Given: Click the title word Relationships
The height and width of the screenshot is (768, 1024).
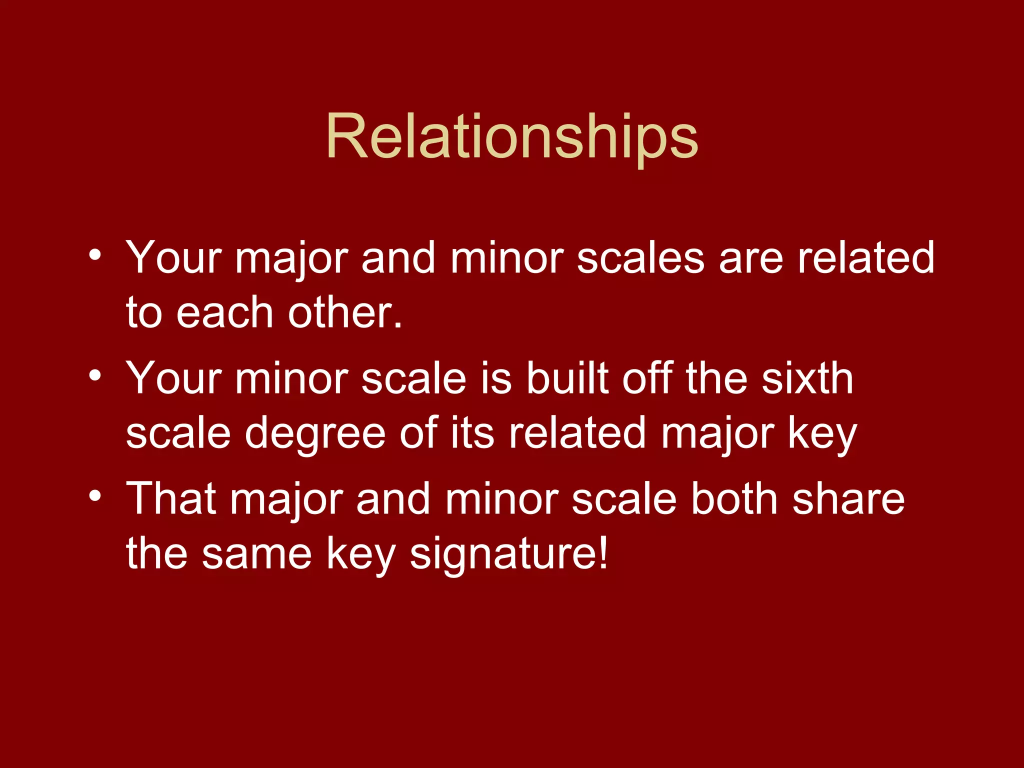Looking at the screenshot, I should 511,137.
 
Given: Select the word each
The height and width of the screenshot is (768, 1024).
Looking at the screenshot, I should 224,313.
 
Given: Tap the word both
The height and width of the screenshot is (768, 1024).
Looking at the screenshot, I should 734,499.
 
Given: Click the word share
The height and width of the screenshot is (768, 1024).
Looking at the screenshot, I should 848,499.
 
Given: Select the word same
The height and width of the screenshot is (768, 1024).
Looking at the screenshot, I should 257,554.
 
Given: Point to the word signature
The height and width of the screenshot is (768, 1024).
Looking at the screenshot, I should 509,554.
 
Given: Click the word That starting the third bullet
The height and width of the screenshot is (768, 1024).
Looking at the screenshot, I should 171,499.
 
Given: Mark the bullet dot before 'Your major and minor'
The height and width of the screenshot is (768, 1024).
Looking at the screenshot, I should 95,255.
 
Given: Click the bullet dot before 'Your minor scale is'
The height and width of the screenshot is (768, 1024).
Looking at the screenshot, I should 95,375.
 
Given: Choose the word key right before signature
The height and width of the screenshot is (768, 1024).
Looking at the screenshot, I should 361,554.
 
